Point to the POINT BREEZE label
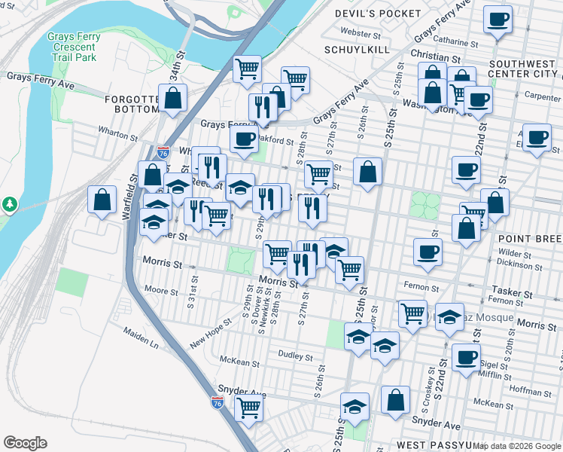point(530,239)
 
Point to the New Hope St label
point(208,332)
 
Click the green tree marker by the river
point(10,204)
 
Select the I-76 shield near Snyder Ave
point(217,404)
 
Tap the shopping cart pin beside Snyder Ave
point(248,408)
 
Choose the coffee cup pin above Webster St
point(497,20)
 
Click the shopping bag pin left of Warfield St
point(102,200)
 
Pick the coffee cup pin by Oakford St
point(243,139)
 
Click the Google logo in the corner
point(25,443)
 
